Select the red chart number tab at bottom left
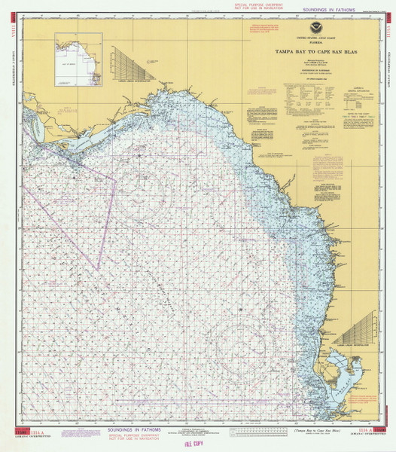pos(30,430)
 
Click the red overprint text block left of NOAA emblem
pos(261,30)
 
